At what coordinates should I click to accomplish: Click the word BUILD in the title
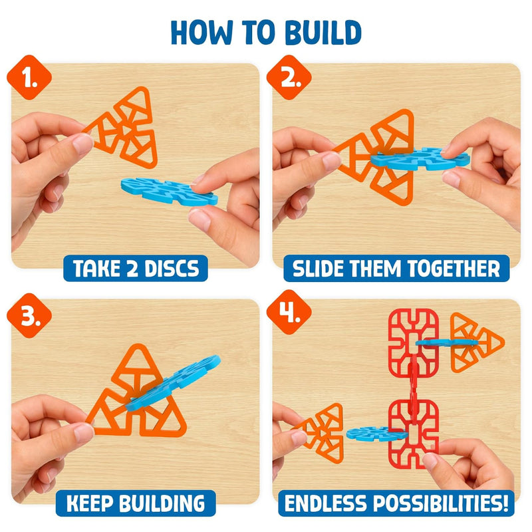click(x=323, y=32)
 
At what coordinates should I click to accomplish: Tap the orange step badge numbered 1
click(x=29, y=77)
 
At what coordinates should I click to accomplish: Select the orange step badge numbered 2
click(x=289, y=77)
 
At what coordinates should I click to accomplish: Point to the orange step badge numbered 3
click(x=29, y=315)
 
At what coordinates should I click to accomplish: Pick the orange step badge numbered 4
click(x=289, y=312)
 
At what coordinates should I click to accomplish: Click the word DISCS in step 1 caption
click(x=172, y=269)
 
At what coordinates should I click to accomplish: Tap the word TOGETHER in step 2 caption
click(x=454, y=269)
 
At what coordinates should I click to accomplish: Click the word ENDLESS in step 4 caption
click(x=325, y=503)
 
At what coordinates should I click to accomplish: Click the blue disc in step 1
click(x=169, y=192)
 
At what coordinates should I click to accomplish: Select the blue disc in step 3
click(x=173, y=383)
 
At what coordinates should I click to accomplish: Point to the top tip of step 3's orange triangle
click(x=138, y=344)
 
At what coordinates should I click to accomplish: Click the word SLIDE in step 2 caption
click(x=319, y=269)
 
